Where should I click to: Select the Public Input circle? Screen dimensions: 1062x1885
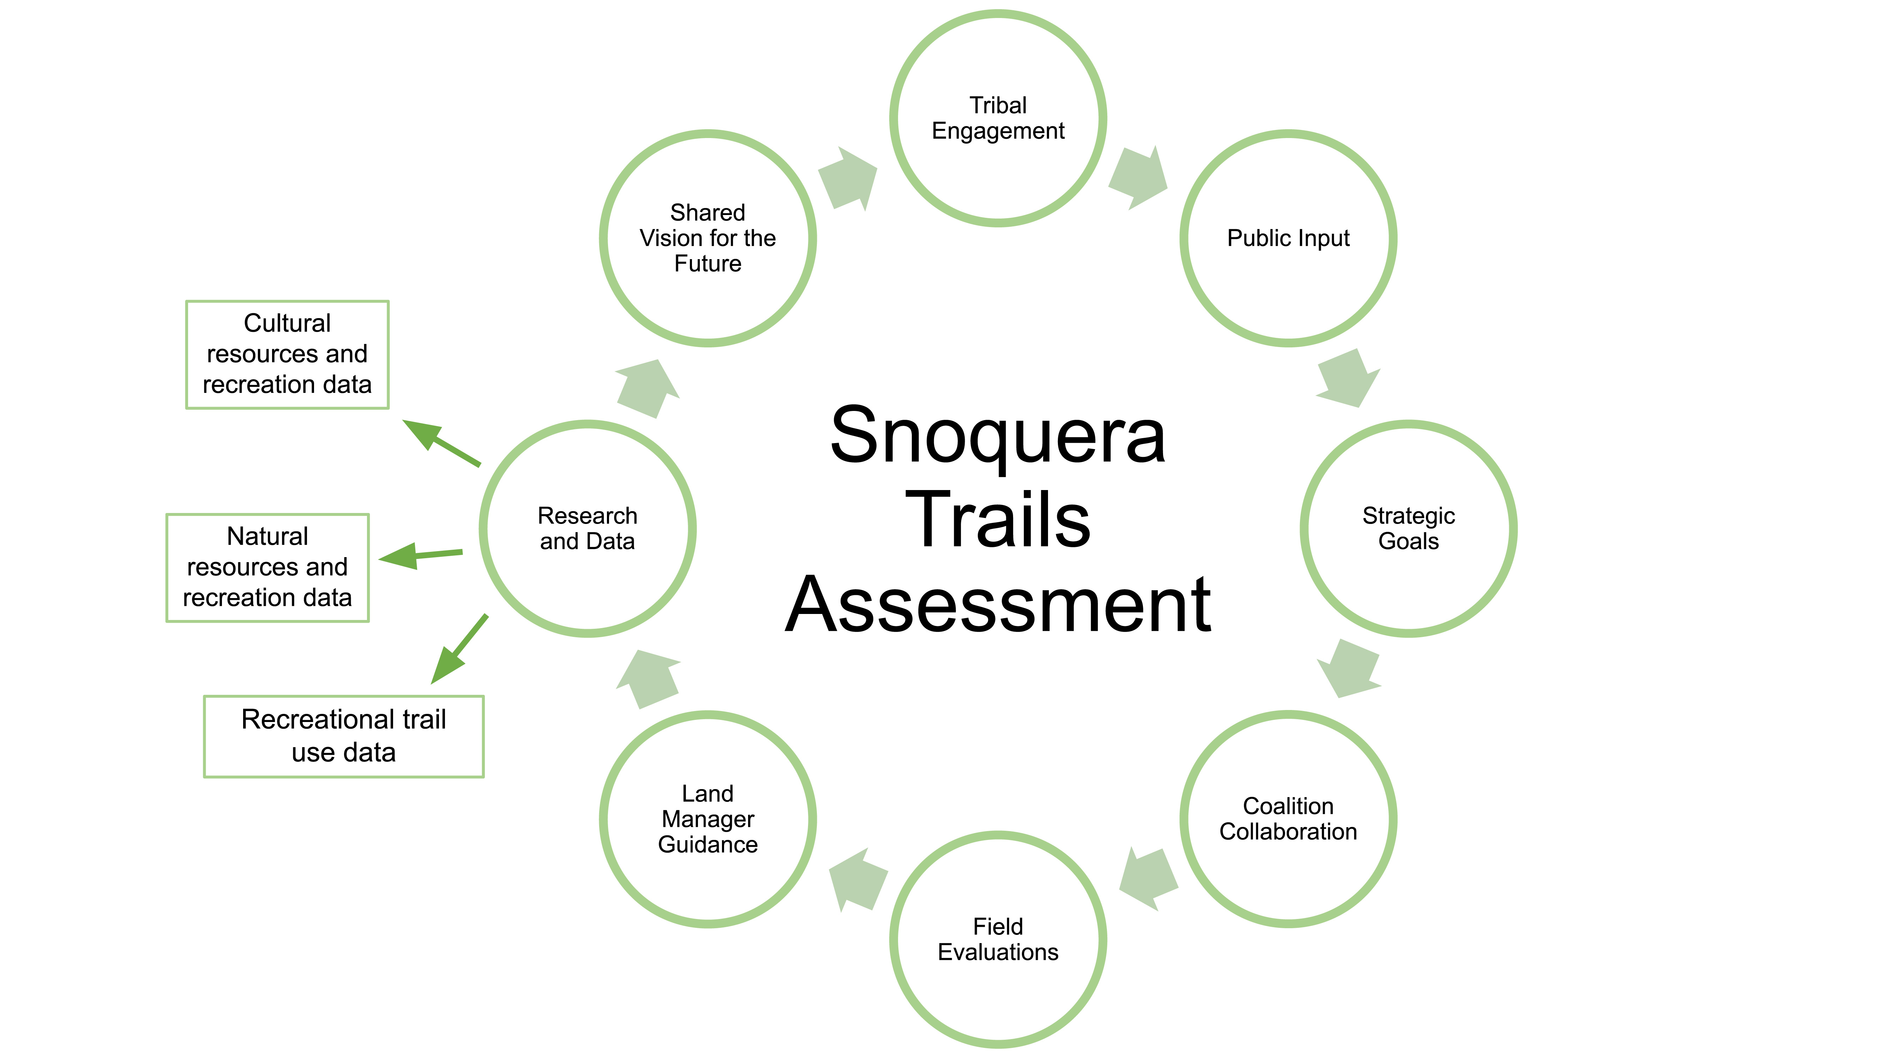[x=1288, y=238]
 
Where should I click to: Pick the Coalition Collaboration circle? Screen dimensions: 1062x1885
[x=1288, y=818]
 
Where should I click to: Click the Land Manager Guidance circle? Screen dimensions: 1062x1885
[x=707, y=818]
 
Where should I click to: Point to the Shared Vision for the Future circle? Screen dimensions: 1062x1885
[x=707, y=238]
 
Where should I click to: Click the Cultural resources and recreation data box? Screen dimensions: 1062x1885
[x=287, y=354]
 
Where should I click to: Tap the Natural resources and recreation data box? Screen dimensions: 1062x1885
[x=267, y=567]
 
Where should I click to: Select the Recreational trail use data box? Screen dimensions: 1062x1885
[x=343, y=735]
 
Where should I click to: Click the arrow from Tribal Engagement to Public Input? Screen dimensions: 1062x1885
[x=1138, y=178]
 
